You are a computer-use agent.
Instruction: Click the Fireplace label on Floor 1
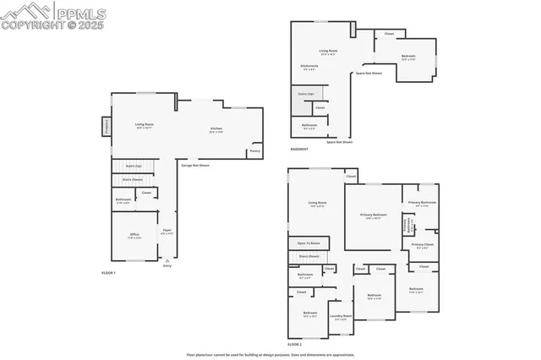[x=107, y=126]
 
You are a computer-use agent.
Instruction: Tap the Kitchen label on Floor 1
[x=216, y=130]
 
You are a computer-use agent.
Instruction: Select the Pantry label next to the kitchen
[x=254, y=152]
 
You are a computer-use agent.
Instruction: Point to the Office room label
[x=134, y=236]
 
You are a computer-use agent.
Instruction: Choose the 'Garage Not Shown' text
[x=194, y=166]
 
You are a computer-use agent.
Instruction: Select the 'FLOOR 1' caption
[x=108, y=273]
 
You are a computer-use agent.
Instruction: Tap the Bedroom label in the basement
[x=408, y=59]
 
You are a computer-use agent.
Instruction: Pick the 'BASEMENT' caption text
[x=299, y=149]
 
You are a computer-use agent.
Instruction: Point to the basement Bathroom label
[x=309, y=128]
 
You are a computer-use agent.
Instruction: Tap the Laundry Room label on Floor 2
[x=342, y=318]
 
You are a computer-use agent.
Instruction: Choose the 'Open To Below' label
[x=309, y=243]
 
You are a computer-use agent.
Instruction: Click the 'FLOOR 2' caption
[x=294, y=344]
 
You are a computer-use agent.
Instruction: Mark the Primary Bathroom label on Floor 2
[x=422, y=203]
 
